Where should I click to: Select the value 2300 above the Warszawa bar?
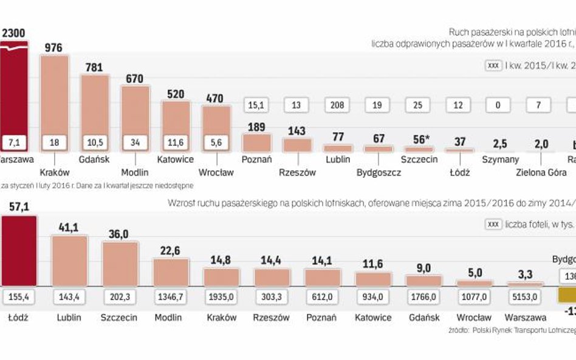[13, 33]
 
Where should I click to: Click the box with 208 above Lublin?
[337, 104]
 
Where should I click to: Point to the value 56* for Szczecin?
[417, 139]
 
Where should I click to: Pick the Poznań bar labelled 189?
[256, 142]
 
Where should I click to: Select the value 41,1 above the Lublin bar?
[69, 227]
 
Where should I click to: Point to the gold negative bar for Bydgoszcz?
[566, 295]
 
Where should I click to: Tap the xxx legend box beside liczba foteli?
[494, 224]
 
